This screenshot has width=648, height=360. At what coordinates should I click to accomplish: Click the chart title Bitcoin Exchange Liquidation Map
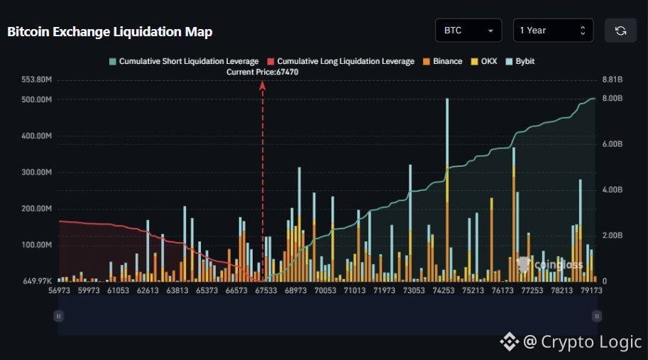(110, 32)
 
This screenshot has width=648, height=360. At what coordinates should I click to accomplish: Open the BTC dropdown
(468, 30)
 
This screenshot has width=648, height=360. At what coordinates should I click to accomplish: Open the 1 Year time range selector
(553, 30)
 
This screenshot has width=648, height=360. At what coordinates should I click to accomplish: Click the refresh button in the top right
(620, 30)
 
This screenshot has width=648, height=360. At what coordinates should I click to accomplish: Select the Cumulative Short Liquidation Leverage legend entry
(184, 61)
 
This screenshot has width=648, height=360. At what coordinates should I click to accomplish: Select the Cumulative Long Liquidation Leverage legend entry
(341, 61)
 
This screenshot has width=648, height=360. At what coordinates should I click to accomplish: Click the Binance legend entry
(443, 61)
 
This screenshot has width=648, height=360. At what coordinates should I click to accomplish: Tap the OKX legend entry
(484, 61)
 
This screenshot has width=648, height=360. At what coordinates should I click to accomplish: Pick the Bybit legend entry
(520, 61)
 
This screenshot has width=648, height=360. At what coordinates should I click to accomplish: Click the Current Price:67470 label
(262, 72)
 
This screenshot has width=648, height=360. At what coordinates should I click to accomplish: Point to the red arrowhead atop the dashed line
(262, 85)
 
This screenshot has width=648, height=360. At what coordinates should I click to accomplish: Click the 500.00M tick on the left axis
(37, 99)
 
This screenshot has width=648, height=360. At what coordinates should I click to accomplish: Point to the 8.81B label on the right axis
(613, 80)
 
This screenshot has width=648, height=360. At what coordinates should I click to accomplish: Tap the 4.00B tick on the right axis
(613, 190)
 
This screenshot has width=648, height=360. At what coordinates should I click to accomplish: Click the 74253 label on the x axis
(444, 290)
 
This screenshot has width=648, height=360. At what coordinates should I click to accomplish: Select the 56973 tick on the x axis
(59, 290)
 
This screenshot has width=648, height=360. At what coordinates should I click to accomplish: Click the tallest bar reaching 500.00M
(447, 190)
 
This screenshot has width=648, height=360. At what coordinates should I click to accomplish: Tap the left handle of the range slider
(59, 316)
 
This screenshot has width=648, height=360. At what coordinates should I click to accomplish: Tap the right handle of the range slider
(597, 316)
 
